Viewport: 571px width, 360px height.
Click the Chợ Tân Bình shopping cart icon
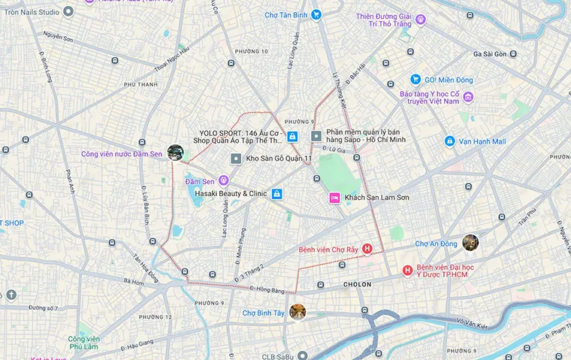tap(316, 14)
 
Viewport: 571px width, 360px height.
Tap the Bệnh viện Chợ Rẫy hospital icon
tap(367, 249)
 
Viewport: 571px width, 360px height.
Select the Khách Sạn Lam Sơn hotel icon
tap(334, 197)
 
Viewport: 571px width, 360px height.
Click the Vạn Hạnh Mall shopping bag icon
tap(449, 141)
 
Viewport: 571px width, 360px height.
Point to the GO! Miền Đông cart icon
tap(415, 79)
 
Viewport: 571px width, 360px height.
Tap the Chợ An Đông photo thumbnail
tap(470, 242)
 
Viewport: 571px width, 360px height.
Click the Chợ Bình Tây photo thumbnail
tap(298, 311)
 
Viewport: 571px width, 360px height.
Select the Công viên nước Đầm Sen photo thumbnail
tap(175, 153)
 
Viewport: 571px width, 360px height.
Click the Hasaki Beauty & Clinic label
tap(231, 193)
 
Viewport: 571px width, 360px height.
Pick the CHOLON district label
tap(358, 285)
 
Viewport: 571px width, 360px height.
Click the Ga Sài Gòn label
tap(495, 54)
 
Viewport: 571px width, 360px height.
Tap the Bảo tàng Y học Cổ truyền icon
tap(468, 97)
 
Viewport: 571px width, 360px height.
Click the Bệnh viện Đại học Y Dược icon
tap(407, 271)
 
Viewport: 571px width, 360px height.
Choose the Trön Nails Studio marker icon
tap(69, 11)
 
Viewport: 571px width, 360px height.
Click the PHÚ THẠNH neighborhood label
tap(140, 85)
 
